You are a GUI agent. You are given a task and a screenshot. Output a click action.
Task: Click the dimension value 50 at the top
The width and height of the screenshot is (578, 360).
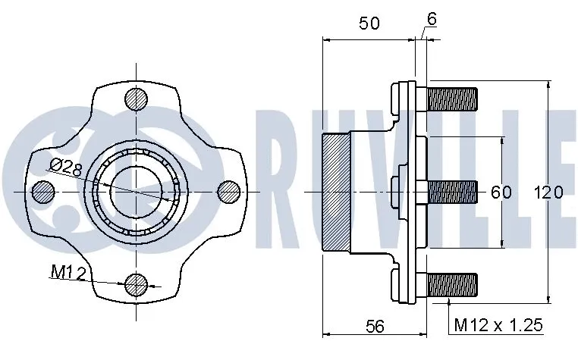(369, 23)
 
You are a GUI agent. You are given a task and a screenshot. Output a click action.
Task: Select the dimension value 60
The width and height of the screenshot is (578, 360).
(501, 192)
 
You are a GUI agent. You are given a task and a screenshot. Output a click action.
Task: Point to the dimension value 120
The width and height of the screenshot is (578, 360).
(548, 192)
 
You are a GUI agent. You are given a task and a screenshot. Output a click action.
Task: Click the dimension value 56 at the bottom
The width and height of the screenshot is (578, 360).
(375, 327)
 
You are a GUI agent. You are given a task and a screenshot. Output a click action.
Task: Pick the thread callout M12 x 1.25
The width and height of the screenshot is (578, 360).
(499, 326)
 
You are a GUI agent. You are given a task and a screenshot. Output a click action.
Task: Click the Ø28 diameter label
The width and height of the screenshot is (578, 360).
(66, 169)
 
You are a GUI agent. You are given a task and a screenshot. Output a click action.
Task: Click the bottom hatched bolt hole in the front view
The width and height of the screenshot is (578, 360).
(137, 284)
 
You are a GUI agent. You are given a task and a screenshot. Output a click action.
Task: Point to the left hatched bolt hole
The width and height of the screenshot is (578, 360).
(43, 192)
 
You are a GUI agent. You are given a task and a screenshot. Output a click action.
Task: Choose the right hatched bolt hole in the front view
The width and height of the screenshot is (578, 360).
(229, 192)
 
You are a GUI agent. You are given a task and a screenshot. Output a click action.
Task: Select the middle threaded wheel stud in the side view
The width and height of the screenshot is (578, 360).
(453, 192)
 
